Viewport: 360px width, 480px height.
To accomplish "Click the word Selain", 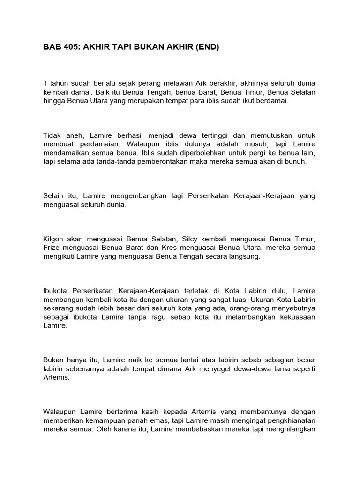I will tap(53, 196).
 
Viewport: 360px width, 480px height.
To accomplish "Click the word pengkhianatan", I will tap(286, 420).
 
